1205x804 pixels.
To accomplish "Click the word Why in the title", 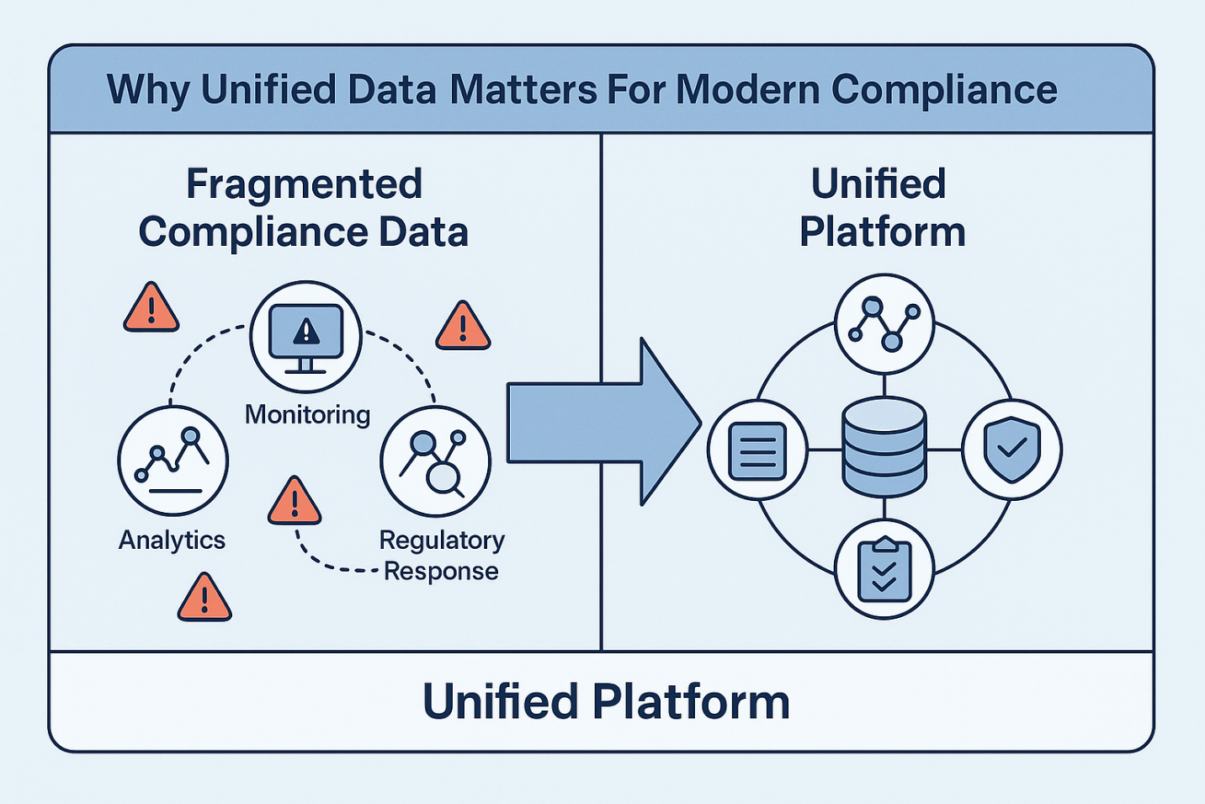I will pyautogui.click(x=149, y=90).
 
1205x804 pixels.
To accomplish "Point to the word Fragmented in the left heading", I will pyautogui.click(x=304, y=184).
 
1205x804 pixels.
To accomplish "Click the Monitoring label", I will pyautogui.click(x=307, y=414).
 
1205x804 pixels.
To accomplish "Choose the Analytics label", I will pyautogui.click(x=172, y=540).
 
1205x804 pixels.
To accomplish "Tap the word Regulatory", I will pyautogui.click(x=442, y=540).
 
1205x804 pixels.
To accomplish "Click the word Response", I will pyautogui.click(x=441, y=572).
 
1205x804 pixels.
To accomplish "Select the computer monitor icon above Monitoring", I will pyautogui.click(x=305, y=336).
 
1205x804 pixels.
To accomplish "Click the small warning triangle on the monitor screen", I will pyautogui.click(x=306, y=332).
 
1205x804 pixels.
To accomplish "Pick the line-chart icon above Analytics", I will pyautogui.click(x=173, y=460).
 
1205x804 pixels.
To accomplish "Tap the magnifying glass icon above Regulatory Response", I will pyautogui.click(x=435, y=461).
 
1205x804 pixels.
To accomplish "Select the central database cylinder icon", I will pyautogui.click(x=884, y=447).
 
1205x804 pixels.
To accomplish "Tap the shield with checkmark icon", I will pyautogui.click(x=1011, y=450).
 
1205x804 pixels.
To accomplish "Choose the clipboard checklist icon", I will pyautogui.click(x=884, y=570).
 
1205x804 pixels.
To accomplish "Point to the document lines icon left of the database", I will pyautogui.click(x=757, y=450).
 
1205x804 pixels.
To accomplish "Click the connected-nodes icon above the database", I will pyautogui.click(x=884, y=323).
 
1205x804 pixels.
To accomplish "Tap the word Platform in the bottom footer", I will pyautogui.click(x=691, y=701).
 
